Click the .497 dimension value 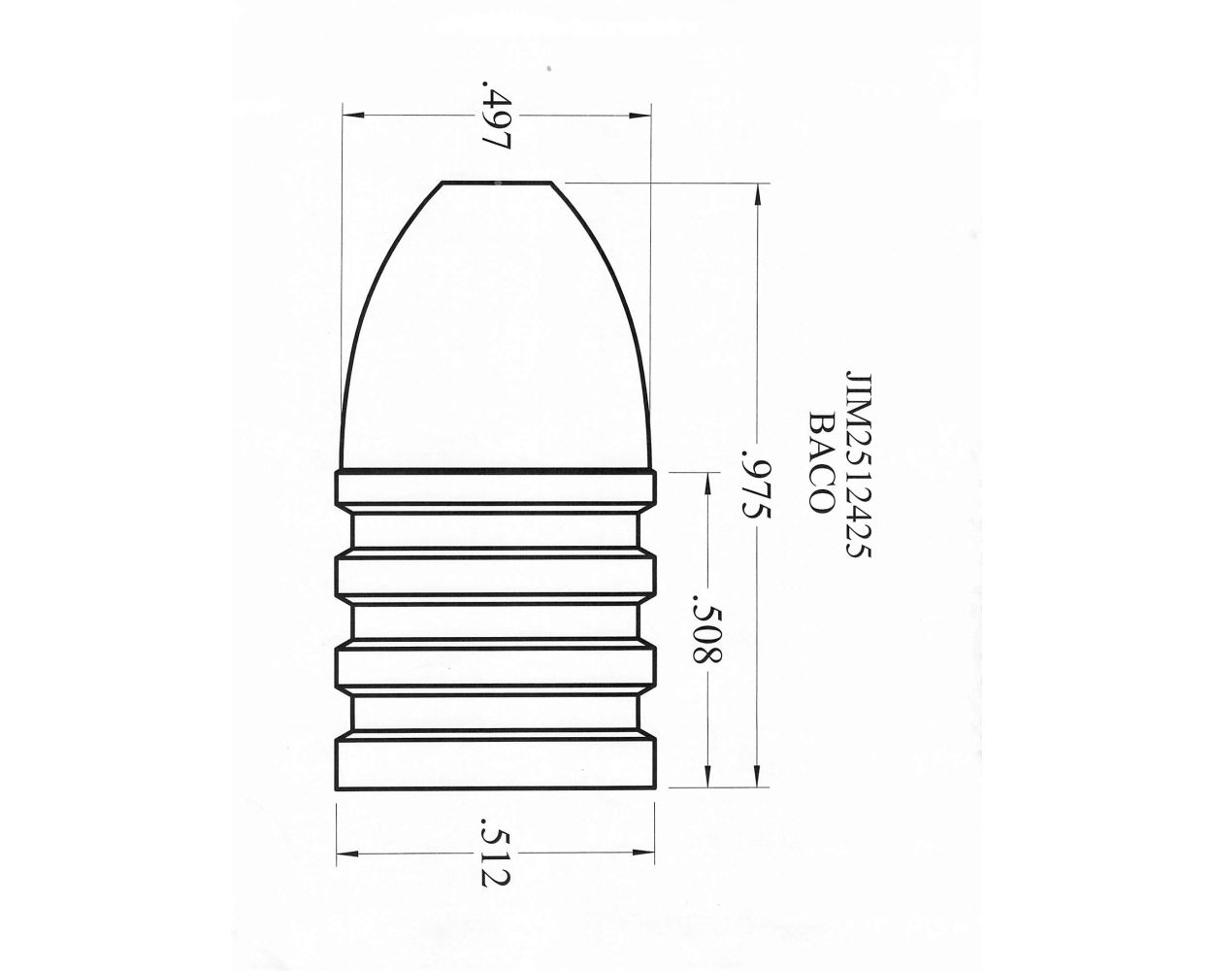(x=496, y=117)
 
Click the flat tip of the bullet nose (x=497, y=183)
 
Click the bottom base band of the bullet (x=496, y=764)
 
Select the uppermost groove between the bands (x=496, y=533)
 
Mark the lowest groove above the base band (x=496, y=712)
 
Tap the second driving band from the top (x=496, y=574)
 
